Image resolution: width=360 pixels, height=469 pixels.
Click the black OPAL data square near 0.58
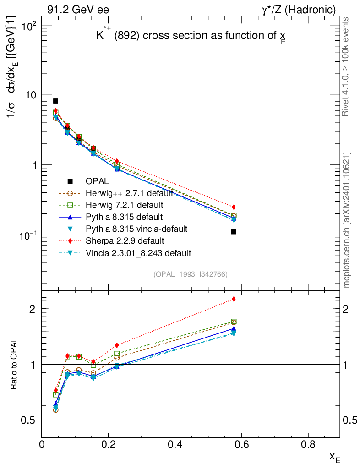click(x=234, y=232)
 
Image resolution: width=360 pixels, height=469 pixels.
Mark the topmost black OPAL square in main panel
click(x=55, y=101)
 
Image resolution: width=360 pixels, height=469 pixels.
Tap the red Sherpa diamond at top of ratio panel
click(x=234, y=299)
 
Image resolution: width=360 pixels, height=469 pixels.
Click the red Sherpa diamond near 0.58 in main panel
click(x=234, y=207)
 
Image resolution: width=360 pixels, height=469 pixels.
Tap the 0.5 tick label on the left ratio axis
click(x=29, y=420)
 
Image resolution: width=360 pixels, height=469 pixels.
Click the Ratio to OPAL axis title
click(x=14, y=365)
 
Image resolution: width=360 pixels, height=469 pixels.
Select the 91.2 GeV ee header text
click(x=78, y=9)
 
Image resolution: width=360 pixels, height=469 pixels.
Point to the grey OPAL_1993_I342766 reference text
click(x=191, y=274)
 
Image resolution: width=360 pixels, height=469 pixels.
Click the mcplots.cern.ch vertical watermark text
click(x=347, y=220)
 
